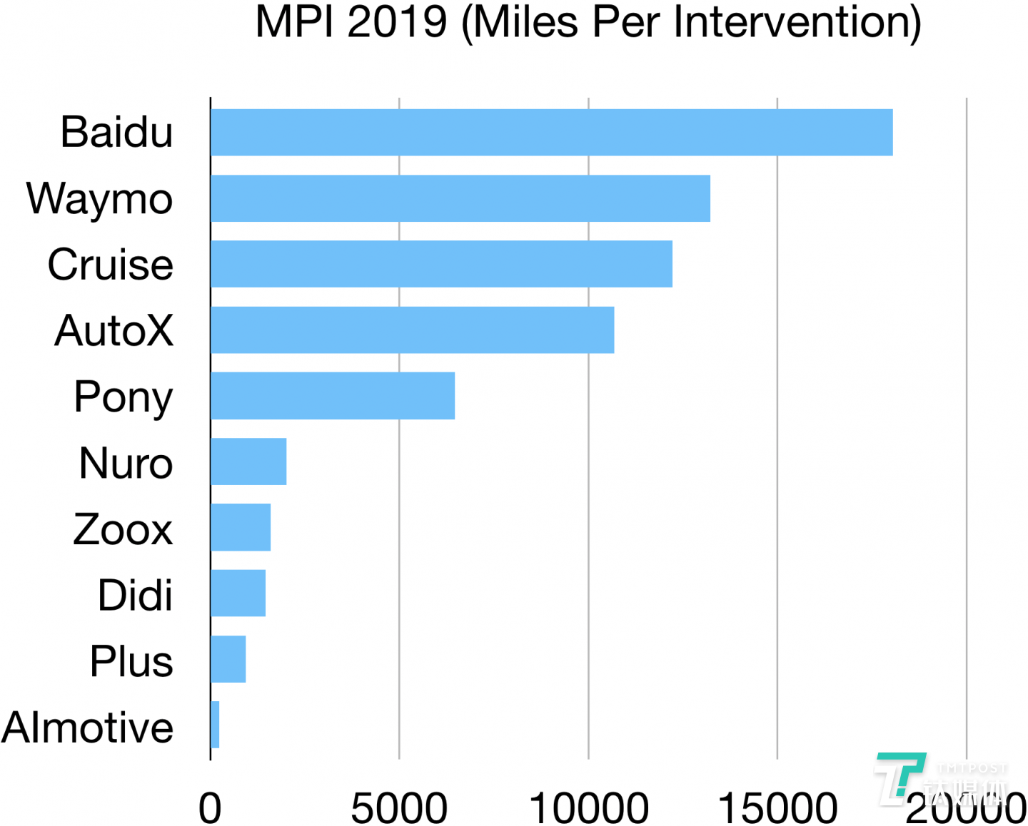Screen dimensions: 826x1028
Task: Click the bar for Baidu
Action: (551, 132)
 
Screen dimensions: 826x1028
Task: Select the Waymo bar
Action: (460, 198)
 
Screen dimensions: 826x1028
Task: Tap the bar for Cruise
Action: (441, 264)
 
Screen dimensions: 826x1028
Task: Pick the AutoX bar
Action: (412, 330)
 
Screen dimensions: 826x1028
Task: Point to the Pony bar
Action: (333, 396)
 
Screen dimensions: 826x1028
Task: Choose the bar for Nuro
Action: (248, 462)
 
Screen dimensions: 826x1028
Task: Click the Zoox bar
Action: (241, 527)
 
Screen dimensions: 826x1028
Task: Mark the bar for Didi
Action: (238, 593)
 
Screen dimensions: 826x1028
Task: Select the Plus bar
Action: (228, 659)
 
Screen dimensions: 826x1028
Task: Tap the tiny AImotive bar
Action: (215, 725)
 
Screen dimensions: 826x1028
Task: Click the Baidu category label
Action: (116, 132)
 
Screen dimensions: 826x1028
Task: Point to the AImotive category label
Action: (87, 728)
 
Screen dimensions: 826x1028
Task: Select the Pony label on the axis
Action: (123, 397)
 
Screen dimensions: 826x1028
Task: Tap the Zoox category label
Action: (123, 529)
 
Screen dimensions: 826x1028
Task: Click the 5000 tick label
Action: (399, 808)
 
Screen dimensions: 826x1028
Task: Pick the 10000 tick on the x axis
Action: (589, 808)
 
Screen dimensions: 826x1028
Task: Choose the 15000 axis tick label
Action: (777, 808)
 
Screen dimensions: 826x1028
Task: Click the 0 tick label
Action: (210, 808)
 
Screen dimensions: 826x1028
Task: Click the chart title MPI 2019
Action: (588, 23)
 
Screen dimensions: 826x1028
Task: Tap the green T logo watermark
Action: (899, 777)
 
